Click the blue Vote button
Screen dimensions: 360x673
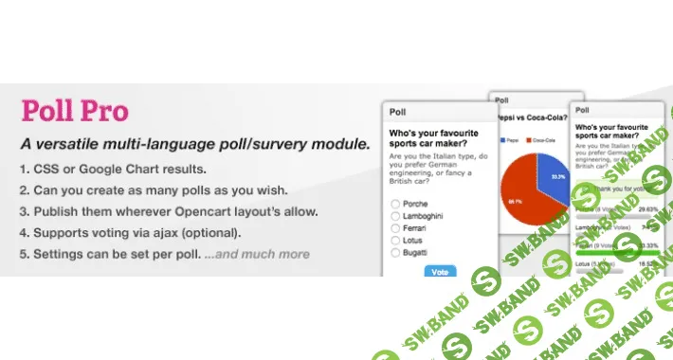440,271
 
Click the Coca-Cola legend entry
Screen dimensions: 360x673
543,139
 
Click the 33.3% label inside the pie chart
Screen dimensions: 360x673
557,177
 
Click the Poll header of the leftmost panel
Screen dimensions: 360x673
398,110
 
